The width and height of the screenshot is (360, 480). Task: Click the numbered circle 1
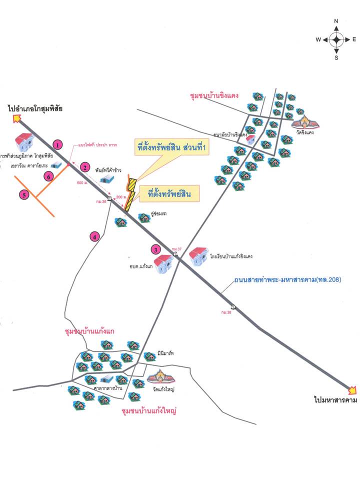[x=58, y=145]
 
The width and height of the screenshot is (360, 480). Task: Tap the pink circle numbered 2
[x=85, y=167]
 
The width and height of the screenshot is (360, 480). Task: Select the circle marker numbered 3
[x=156, y=249]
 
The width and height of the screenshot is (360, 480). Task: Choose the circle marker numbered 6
[x=48, y=175]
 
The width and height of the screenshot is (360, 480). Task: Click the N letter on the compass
[x=336, y=21]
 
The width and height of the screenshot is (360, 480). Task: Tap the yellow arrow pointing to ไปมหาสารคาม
[x=352, y=390]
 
